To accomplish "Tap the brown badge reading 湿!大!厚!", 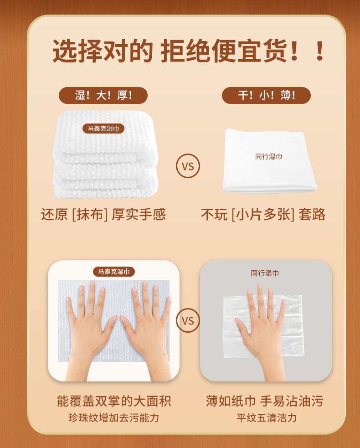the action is coord(103,95).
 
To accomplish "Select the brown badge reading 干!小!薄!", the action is coord(266,95).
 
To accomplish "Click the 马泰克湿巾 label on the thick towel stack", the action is coord(103,129).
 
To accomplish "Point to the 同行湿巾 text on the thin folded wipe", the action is coord(268,157).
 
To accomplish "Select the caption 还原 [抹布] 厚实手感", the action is coord(103,215).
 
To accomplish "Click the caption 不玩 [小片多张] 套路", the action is coord(263,215).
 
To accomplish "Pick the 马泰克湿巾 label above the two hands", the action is coord(114,272).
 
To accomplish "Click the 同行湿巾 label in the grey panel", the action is coord(265,273).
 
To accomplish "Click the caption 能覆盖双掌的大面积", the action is coord(114,401).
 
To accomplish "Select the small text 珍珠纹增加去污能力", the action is coord(114,418).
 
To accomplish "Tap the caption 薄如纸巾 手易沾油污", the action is coord(265,401).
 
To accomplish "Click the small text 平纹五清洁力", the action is coord(267,418).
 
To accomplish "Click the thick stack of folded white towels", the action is coord(105,154).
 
